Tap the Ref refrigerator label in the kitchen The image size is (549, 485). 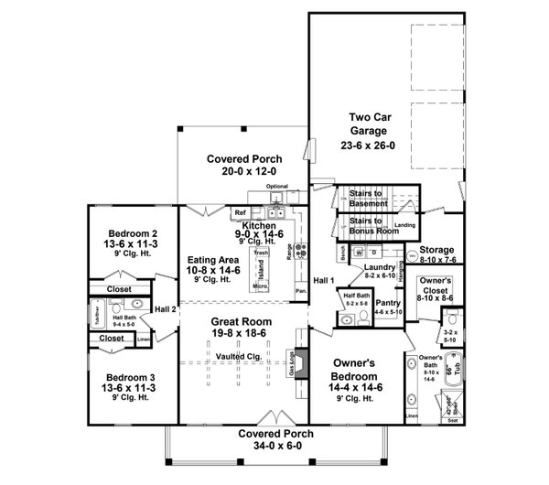(241, 212)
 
